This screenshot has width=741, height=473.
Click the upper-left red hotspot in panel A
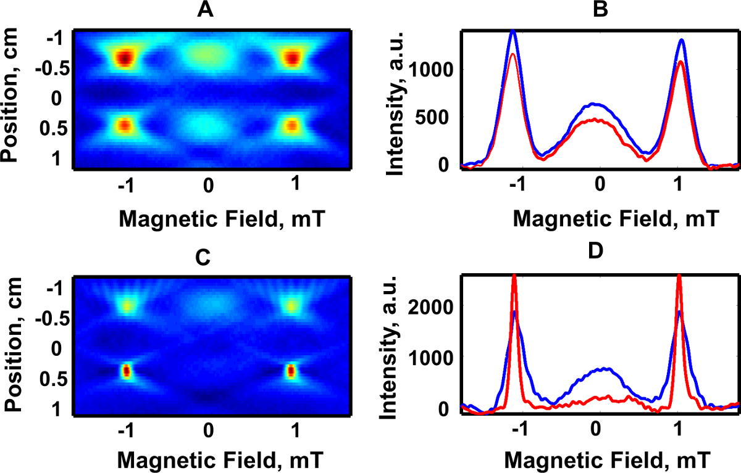[x=125, y=58]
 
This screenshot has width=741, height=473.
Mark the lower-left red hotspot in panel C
[x=126, y=371]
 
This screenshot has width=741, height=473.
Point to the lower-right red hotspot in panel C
[x=291, y=371]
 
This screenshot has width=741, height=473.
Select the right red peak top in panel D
[x=679, y=277]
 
